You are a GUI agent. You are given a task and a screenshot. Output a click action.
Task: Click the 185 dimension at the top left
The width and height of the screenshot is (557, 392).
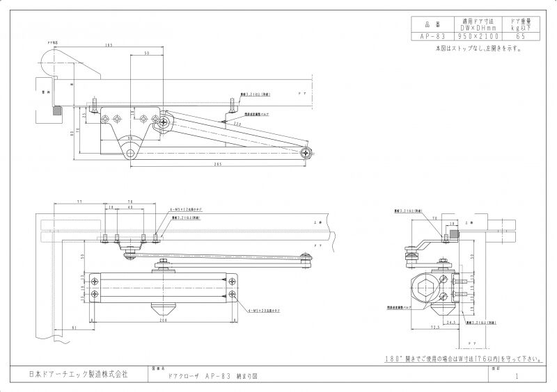click(x=109, y=46)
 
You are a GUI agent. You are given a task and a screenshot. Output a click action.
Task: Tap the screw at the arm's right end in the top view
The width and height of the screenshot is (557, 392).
click(x=305, y=152)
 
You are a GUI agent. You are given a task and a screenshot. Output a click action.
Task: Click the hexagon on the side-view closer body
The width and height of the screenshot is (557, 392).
click(x=424, y=286)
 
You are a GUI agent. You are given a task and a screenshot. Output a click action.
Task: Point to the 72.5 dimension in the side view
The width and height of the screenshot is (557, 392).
click(x=433, y=326)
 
